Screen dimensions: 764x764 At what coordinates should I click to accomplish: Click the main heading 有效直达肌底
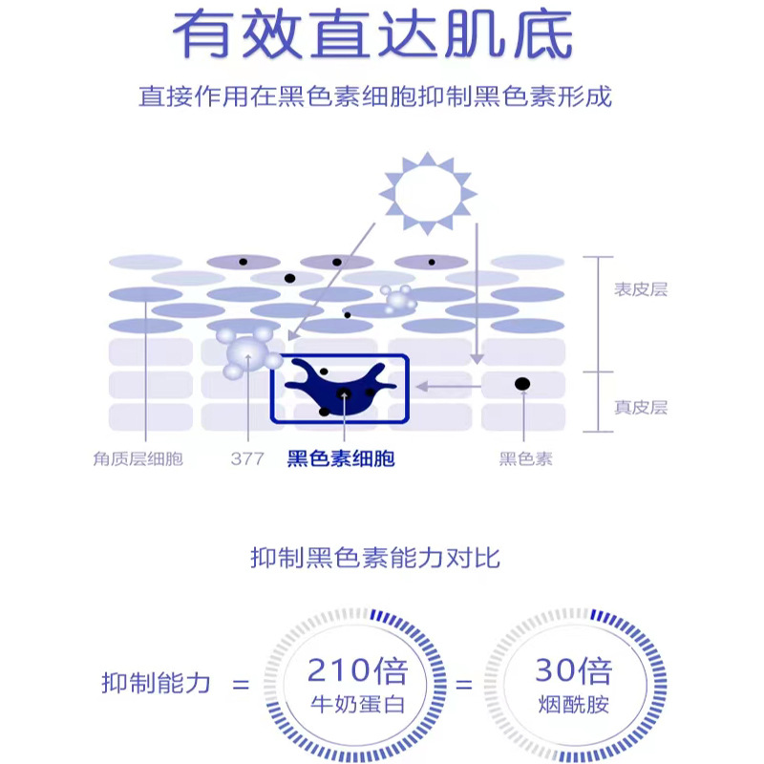tap(373, 35)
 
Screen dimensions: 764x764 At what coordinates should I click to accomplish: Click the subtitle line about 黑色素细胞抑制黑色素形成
tap(374, 96)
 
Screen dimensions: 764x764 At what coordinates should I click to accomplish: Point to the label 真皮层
tap(640, 408)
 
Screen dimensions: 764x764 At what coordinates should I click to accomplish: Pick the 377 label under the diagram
tap(246, 459)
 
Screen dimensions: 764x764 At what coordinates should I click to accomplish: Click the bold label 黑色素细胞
tap(341, 459)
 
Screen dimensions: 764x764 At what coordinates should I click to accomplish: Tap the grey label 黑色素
tap(525, 459)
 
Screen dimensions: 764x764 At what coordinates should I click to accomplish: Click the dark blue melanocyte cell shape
tap(339, 386)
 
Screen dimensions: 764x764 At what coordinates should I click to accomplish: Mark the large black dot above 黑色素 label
tap(522, 384)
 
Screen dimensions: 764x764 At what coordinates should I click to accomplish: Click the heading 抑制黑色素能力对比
tap(375, 558)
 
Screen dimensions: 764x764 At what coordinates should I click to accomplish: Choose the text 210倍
tap(358, 670)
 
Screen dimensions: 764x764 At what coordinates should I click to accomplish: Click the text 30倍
tap(572, 670)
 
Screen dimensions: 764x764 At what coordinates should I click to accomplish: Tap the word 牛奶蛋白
tap(358, 708)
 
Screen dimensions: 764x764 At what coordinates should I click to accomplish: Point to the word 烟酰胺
tap(572, 708)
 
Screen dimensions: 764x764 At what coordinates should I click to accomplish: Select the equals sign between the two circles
tap(463, 684)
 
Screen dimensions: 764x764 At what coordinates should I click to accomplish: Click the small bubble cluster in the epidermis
tap(395, 299)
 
